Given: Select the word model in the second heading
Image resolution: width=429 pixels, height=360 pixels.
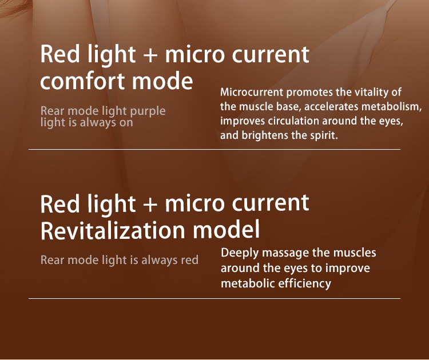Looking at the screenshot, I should pos(227,230).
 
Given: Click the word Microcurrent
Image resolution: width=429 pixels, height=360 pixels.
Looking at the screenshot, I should pos(251,93).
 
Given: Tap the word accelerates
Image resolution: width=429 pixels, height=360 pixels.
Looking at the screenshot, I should pos(322,107).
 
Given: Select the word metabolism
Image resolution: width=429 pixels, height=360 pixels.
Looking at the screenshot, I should pos(393,107).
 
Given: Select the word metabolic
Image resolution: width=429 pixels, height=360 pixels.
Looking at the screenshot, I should pos(247,283).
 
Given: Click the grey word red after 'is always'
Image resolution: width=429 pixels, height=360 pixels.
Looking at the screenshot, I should pos(189,261).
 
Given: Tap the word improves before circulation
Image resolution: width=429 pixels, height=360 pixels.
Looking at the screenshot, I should pos(241,121).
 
